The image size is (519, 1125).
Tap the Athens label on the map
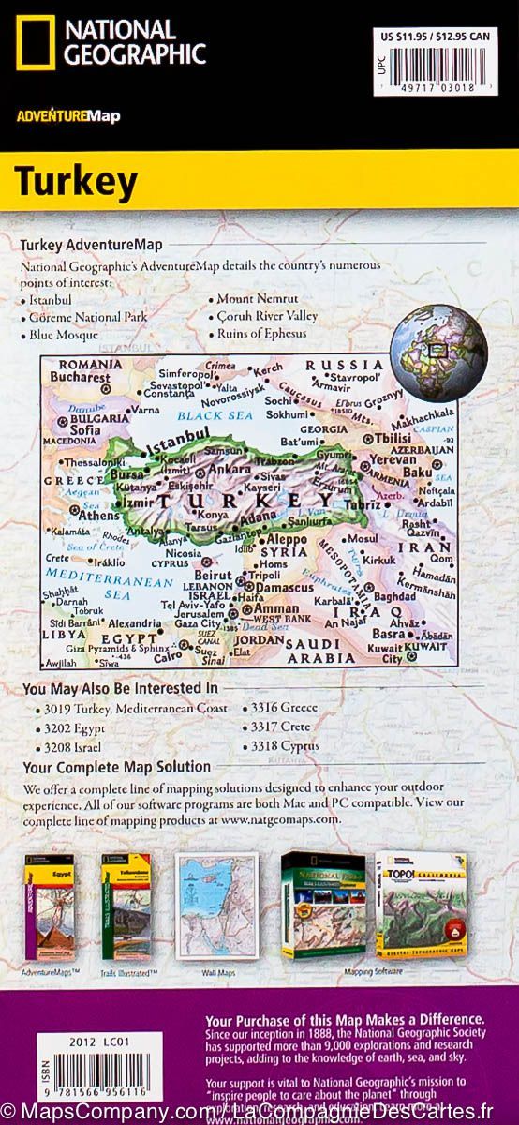(x=98, y=516)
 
